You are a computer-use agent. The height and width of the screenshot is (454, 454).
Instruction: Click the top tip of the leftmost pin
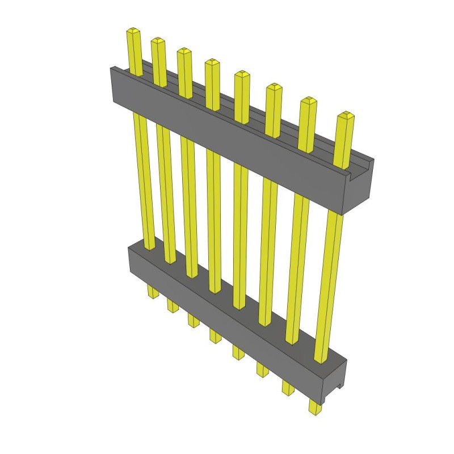click(133, 30)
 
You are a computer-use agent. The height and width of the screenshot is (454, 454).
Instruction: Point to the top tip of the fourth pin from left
click(212, 62)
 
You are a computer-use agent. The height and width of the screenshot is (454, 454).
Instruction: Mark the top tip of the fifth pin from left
click(241, 74)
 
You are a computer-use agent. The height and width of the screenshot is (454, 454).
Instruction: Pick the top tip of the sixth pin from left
click(273, 87)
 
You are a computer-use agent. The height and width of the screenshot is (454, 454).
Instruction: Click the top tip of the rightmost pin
click(345, 116)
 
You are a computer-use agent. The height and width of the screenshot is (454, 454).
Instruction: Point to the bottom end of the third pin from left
click(193, 323)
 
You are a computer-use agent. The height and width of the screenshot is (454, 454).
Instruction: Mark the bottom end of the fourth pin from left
click(215, 339)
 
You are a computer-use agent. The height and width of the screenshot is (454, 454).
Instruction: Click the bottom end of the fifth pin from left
click(238, 356)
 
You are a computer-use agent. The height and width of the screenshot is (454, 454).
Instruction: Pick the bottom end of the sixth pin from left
click(262, 373)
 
